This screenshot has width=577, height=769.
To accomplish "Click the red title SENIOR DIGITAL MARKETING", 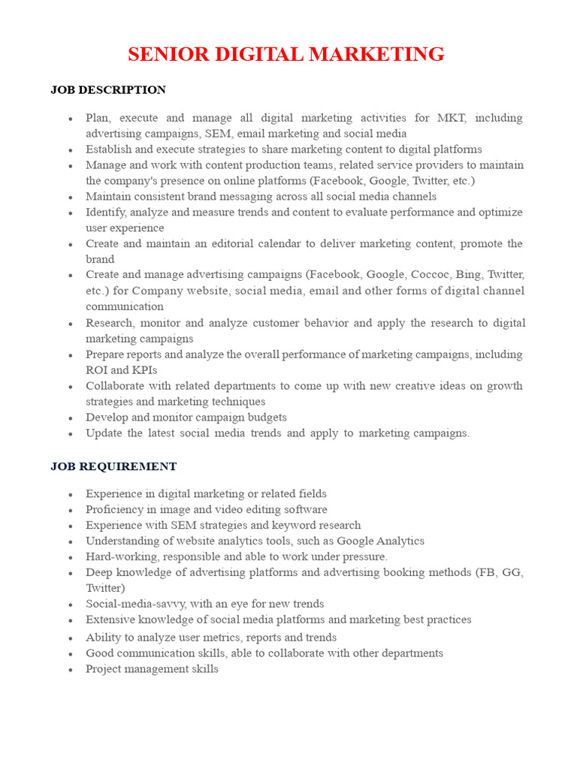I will click(x=285, y=55).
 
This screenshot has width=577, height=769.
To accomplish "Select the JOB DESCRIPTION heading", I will click(x=108, y=90).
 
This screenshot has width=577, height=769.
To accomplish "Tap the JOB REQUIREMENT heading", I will click(x=113, y=466).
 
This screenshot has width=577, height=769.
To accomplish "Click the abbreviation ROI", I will click(x=96, y=370).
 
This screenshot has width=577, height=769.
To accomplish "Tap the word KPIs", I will click(x=144, y=370).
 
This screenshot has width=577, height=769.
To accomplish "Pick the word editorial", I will click(x=245, y=244).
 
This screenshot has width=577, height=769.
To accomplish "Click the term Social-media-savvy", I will click(x=132, y=605).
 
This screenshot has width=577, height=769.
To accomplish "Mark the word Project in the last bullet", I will click(x=104, y=669).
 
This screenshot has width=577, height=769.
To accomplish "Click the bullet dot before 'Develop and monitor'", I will click(x=70, y=418).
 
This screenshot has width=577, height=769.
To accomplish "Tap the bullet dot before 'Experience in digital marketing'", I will click(x=70, y=495).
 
